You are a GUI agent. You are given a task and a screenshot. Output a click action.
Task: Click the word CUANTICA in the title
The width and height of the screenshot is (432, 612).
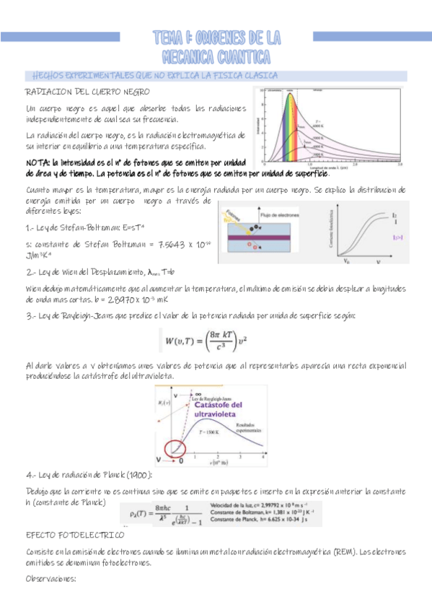click(x=237, y=56)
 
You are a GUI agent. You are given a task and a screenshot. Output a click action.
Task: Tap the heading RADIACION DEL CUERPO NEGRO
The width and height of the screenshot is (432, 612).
click(x=87, y=93)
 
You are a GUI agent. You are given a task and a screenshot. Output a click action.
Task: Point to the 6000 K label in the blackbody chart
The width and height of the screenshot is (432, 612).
click(x=318, y=125)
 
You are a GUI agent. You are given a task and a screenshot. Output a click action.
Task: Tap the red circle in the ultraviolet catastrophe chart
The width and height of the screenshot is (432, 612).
click(x=177, y=449)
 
